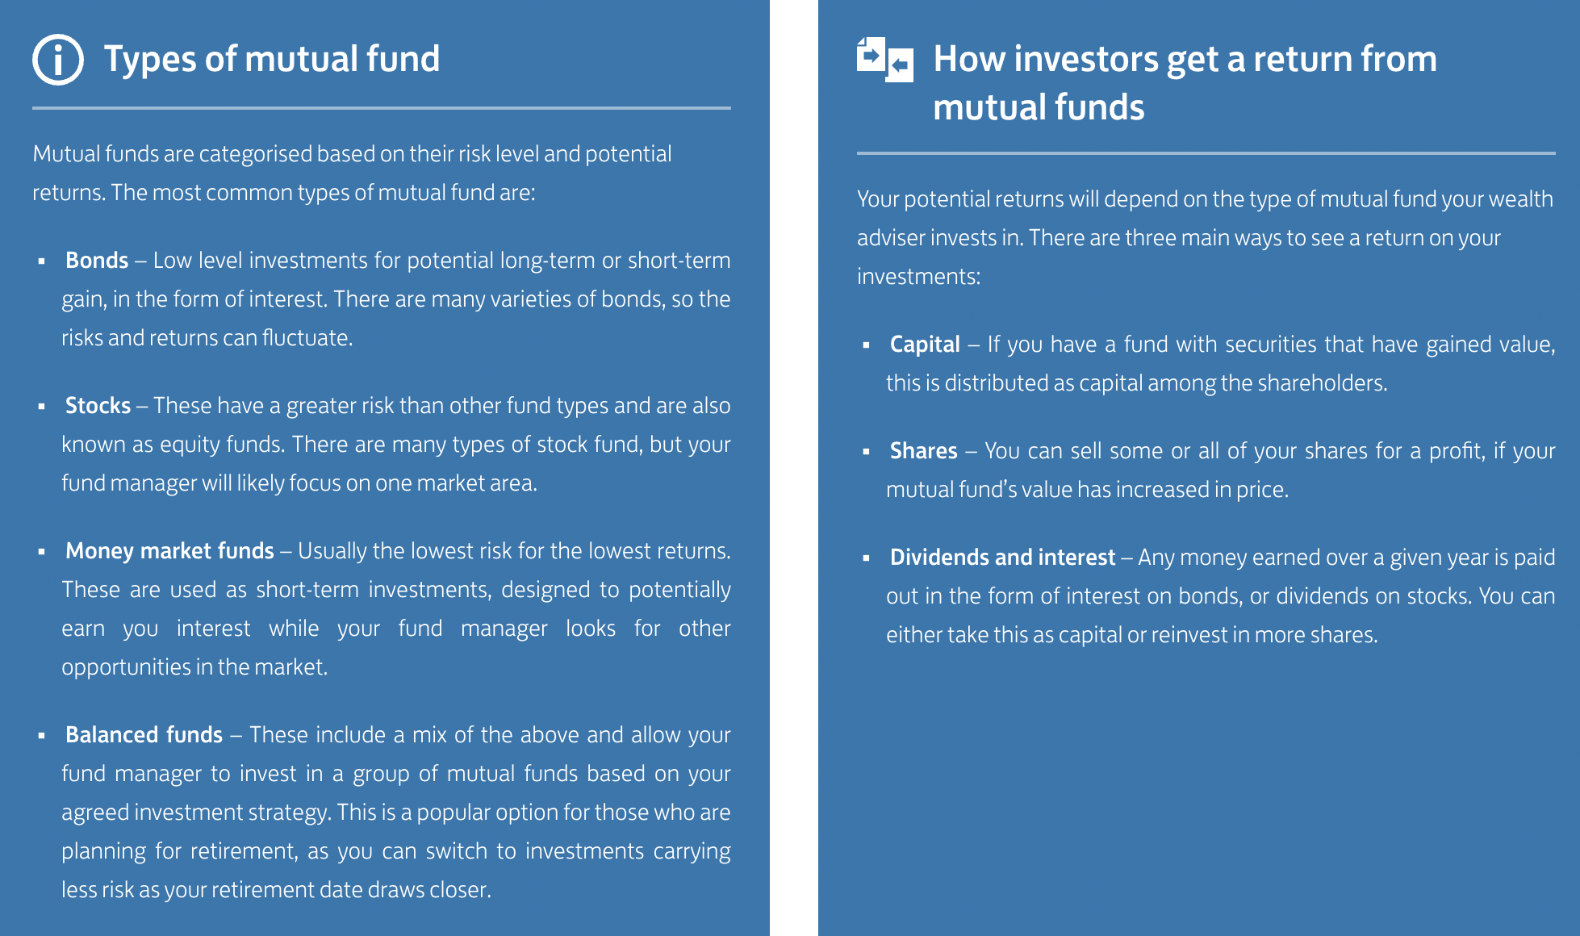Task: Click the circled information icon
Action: point(58,60)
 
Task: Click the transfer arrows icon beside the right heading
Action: point(885,60)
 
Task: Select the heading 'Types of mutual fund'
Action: point(272,59)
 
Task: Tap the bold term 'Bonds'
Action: point(97,260)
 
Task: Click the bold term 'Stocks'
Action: point(98,405)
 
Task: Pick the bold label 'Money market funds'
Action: point(169,550)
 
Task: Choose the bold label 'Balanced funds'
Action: point(144,734)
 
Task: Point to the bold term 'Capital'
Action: point(925,345)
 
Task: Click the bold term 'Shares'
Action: point(923,450)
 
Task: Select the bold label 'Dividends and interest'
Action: point(1002,557)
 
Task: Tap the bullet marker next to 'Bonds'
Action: point(41,261)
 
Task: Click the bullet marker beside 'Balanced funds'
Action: point(41,736)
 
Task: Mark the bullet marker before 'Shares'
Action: point(866,452)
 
